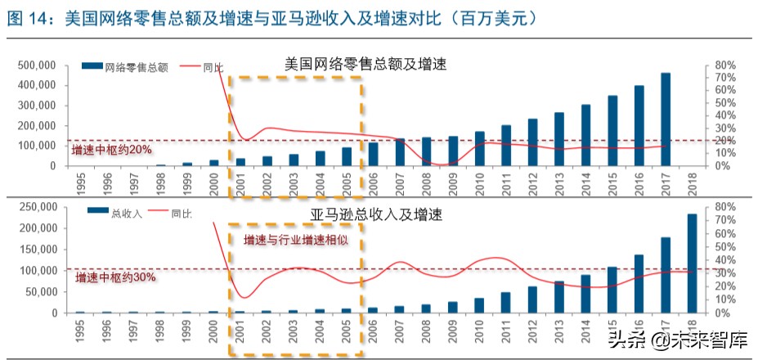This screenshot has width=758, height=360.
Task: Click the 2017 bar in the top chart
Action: click(666, 119)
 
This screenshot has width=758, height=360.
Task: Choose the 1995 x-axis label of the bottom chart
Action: click(80, 332)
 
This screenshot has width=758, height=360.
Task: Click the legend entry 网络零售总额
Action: click(136, 69)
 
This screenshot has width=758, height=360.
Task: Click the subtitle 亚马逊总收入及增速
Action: click(376, 216)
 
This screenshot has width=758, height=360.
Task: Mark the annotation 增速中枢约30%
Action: click(115, 278)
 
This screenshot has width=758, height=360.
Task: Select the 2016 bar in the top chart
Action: click(639, 125)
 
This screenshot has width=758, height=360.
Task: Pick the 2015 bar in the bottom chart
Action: click(612, 290)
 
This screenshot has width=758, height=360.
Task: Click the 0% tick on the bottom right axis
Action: click(724, 313)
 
